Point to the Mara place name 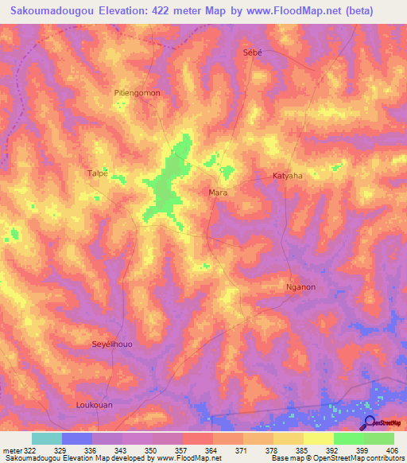coord(218,193)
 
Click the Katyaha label coord(287,175)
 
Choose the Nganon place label coord(300,287)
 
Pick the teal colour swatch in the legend coord(47,438)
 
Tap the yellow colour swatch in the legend coord(319,438)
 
